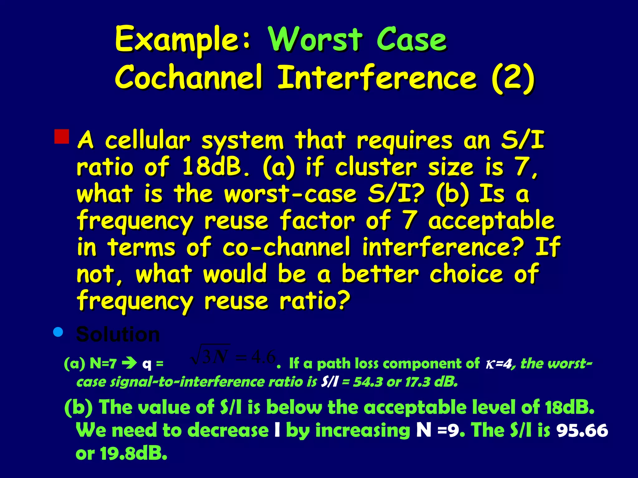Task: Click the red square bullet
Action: point(62,137)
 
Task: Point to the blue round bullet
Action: point(58,332)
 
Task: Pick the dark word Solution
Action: point(118,335)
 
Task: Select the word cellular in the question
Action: point(147,141)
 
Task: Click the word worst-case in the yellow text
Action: point(290,194)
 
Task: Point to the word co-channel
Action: point(287,247)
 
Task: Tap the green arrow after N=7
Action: point(129,363)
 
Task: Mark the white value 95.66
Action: point(582,431)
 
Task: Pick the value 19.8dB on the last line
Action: point(133,453)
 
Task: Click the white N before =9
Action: point(424,430)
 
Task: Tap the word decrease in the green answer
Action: point(228,430)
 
